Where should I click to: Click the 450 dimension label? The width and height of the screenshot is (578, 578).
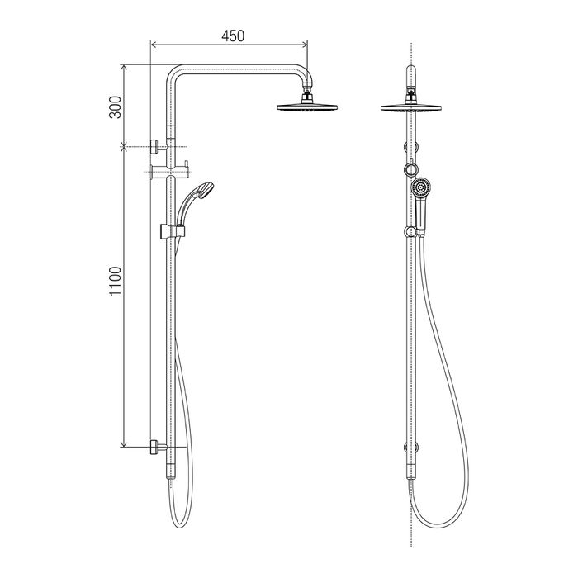(233, 36)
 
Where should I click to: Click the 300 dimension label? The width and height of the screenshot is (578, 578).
(116, 107)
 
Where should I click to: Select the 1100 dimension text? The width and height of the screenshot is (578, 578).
(116, 281)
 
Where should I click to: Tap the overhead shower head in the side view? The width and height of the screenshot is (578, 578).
(307, 107)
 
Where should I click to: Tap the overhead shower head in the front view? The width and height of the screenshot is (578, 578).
(410, 107)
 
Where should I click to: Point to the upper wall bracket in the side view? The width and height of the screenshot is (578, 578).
(159, 147)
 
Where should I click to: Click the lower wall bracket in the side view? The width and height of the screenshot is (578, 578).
(159, 448)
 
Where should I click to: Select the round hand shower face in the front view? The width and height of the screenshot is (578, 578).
(421, 188)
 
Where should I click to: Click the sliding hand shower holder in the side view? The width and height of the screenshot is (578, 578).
(173, 231)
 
